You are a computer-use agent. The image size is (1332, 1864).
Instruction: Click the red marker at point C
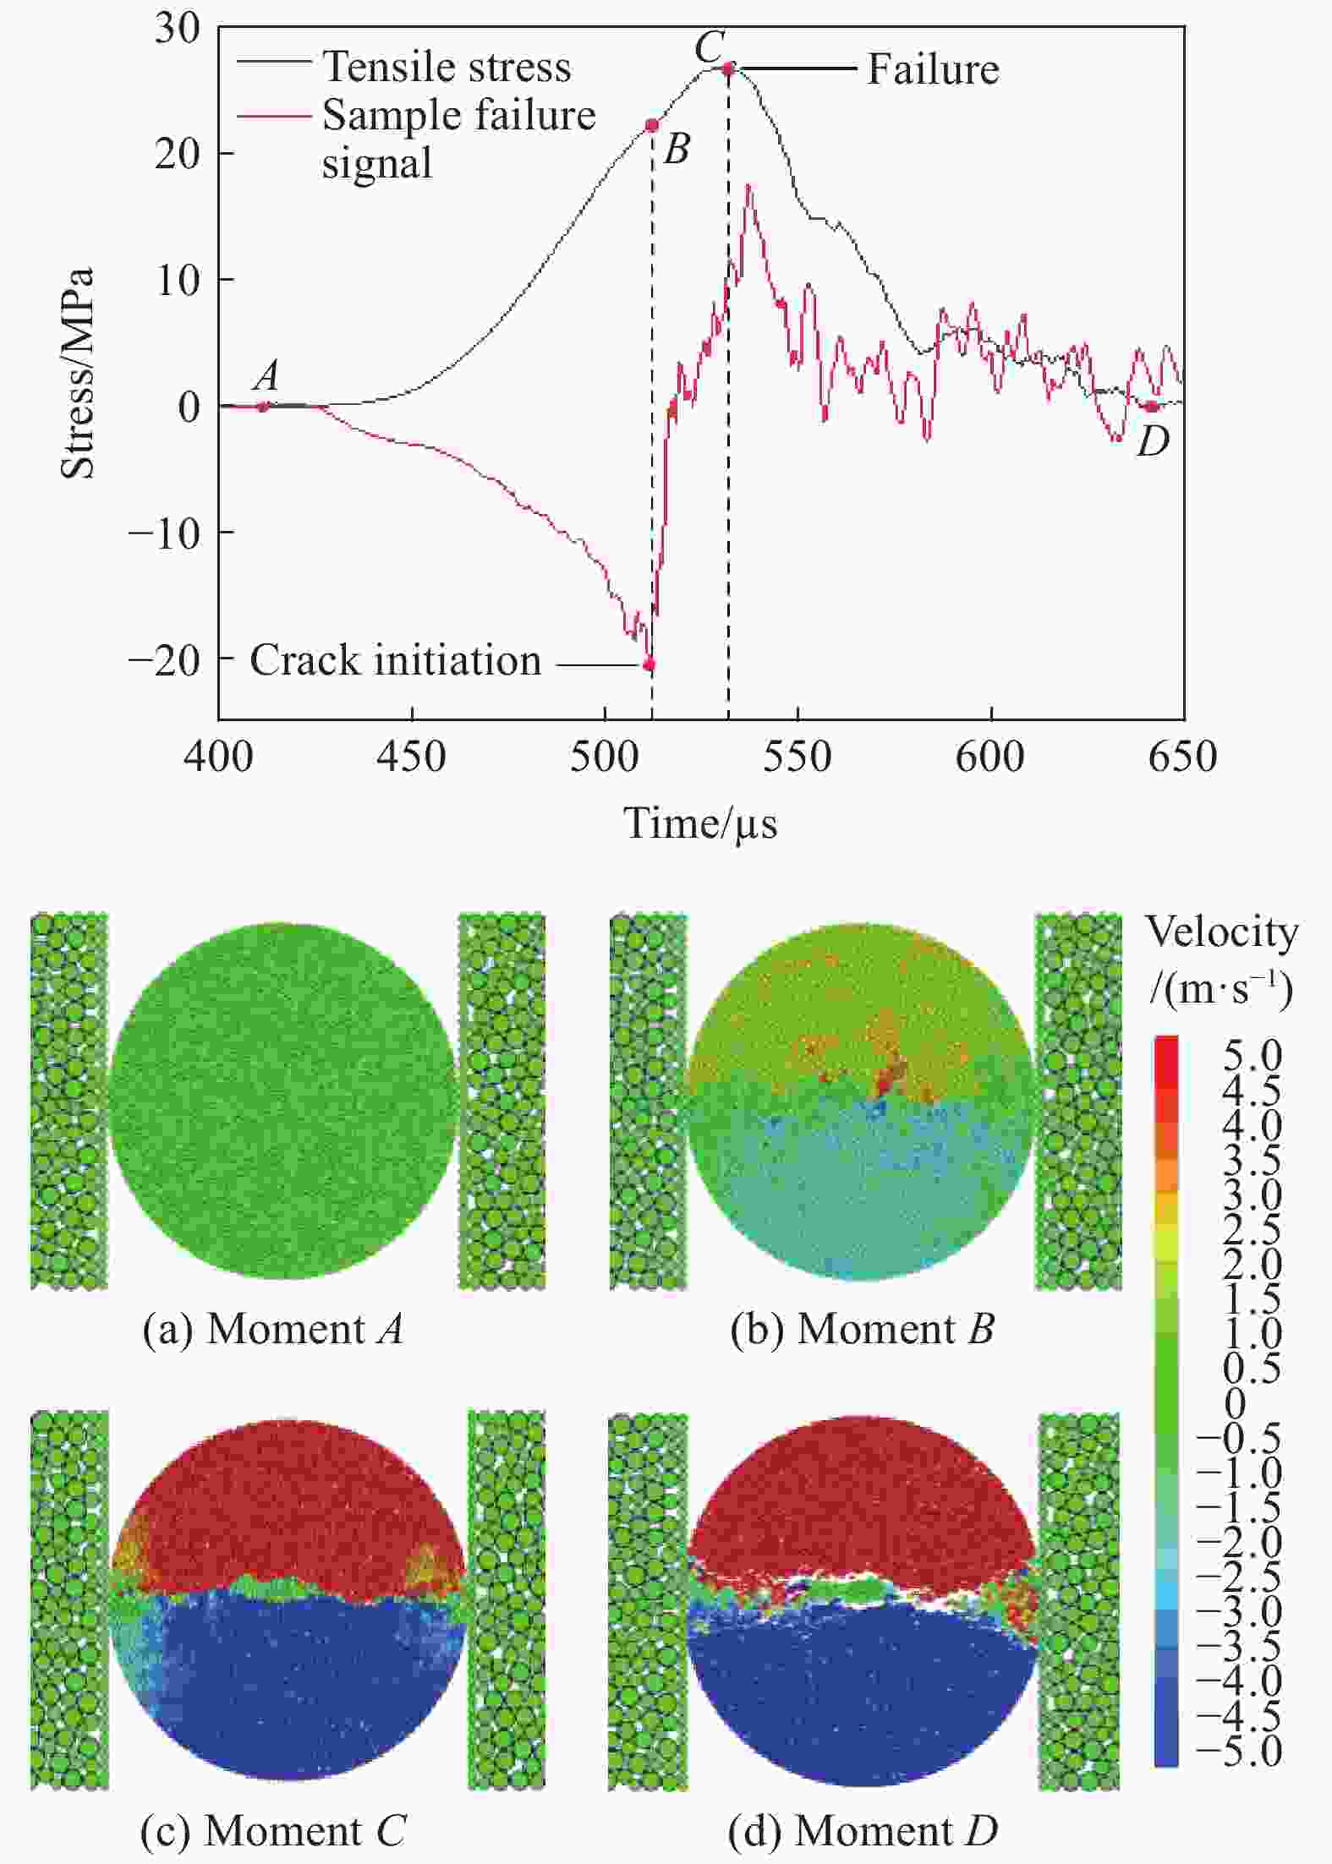click(729, 68)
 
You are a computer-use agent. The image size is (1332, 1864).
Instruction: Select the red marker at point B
click(652, 125)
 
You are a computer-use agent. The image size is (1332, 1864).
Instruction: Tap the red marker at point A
click(263, 407)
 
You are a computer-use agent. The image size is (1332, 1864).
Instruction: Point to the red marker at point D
click(1150, 407)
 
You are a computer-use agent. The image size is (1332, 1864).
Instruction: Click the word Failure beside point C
click(933, 69)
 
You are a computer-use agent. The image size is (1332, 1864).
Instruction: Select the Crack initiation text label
click(395, 660)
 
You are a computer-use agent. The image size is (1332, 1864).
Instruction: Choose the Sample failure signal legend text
click(458, 139)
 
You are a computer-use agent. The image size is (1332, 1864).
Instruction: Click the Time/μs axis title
click(700, 823)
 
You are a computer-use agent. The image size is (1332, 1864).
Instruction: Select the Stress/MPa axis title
click(77, 374)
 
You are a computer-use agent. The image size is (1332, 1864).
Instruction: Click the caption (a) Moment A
click(272, 1330)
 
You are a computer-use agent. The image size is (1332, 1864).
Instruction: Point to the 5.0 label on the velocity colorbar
click(1253, 1055)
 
